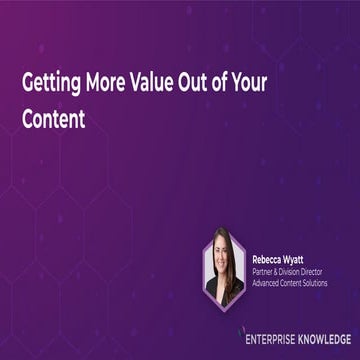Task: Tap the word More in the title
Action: (108, 83)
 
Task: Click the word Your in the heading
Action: (267, 83)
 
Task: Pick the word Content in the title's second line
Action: (55, 116)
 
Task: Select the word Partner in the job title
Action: (263, 267)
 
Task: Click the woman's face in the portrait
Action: (223, 250)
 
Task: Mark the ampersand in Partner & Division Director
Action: (280, 267)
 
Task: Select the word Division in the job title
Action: (297, 267)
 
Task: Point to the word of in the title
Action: (233, 83)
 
